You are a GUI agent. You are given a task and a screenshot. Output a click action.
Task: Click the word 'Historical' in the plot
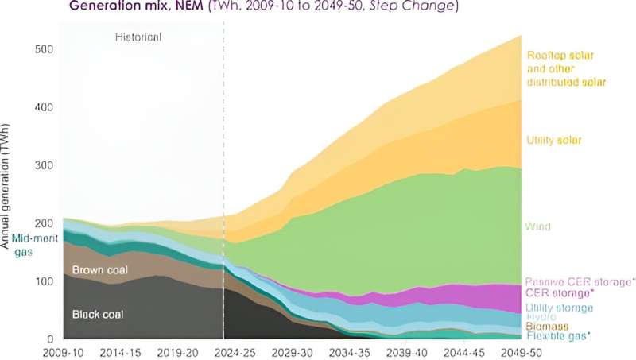(x=137, y=37)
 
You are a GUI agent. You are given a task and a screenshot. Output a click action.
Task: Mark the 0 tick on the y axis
(x=49, y=339)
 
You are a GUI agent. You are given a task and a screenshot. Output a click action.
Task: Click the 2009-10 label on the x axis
(x=64, y=350)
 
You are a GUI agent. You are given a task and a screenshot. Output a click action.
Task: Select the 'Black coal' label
(x=99, y=314)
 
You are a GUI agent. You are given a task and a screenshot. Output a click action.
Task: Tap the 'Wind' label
(x=539, y=226)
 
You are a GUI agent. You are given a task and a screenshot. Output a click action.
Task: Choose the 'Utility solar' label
(x=554, y=141)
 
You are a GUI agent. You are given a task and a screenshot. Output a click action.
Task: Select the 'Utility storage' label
(x=558, y=308)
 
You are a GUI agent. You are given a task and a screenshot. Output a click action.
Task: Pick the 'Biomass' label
(x=545, y=327)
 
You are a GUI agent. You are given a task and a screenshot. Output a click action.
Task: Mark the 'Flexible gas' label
(x=556, y=337)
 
